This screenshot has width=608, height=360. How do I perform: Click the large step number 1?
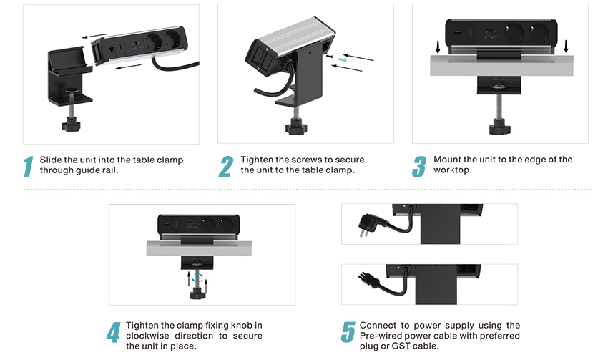29,165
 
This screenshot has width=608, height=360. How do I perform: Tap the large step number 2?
226,165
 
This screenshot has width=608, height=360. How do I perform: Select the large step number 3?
419,165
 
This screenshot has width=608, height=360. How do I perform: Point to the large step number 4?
114,332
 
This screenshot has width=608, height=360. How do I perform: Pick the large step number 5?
348,332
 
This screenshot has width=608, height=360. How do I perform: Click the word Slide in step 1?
51,160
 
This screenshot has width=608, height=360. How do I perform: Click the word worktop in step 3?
451,170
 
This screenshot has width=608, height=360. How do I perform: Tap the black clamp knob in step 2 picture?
295,128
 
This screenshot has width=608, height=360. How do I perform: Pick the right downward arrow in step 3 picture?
567,46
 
